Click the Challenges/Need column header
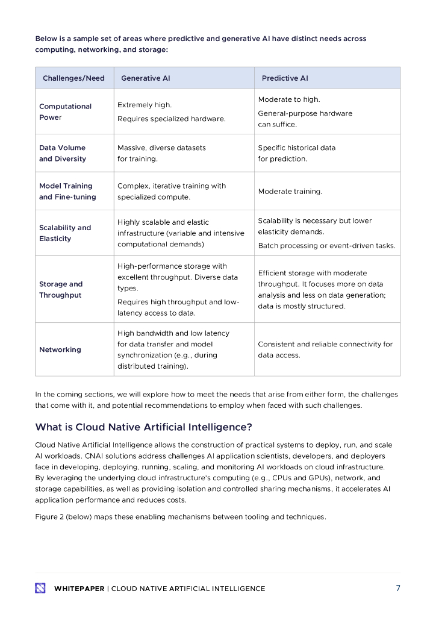(73, 78)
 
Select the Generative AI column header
(145, 78)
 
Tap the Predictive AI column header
(284, 78)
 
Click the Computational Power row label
(65, 111)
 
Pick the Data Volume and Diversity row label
(63, 153)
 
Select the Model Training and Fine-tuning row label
(67, 191)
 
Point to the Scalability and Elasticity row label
(65, 233)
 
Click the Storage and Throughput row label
(61, 289)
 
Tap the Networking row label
(60, 349)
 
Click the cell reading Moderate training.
(290, 191)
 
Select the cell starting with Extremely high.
(171, 111)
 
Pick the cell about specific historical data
(296, 153)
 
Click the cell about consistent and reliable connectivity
(325, 349)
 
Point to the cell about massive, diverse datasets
(161, 153)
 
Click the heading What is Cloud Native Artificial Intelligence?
(143, 427)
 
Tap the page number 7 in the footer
(397, 588)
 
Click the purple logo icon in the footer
(40, 588)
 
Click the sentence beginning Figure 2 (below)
(180, 516)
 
